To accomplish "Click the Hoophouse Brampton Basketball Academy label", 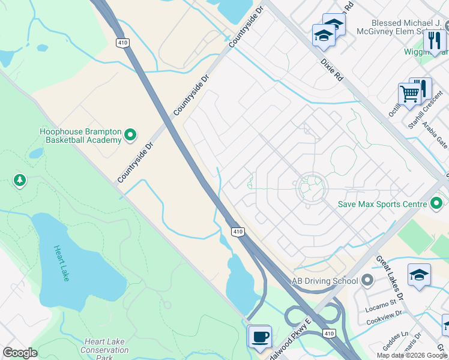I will click(x=80, y=136).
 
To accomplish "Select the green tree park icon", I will click(x=20, y=180).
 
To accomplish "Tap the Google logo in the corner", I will click(x=20, y=353).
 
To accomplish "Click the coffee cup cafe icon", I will click(x=260, y=337).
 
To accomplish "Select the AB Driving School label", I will click(x=324, y=281).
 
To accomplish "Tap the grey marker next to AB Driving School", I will click(x=367, y=280).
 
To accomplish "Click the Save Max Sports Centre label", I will click(x=381, y=205).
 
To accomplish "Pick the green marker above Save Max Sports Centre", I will click(x=437, y=202).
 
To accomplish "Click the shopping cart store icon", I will click(x=409, y=94).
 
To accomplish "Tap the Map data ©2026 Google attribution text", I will click(x=411, y=355).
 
